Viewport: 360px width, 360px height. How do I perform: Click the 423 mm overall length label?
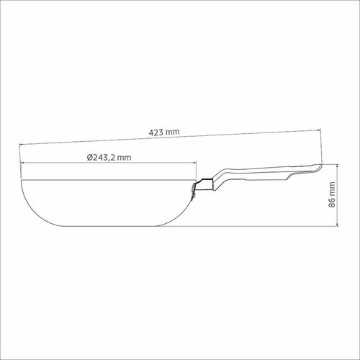coord(164,132)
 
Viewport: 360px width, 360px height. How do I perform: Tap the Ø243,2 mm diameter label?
coord(109,158)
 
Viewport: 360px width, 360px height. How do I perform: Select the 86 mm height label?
coord(332,194)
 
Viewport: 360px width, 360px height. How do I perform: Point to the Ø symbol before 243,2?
coord(90,158)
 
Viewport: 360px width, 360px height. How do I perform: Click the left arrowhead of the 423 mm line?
coord(21,144)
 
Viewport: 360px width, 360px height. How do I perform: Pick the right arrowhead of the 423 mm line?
coord(319,130)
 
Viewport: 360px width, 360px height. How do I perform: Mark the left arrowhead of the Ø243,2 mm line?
coord(23,163)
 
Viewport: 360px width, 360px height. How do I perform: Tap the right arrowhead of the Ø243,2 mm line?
coord(194,163)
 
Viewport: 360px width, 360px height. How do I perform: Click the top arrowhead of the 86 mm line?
coord(338,166)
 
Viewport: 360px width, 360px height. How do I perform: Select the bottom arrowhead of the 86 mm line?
coord(338,225)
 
